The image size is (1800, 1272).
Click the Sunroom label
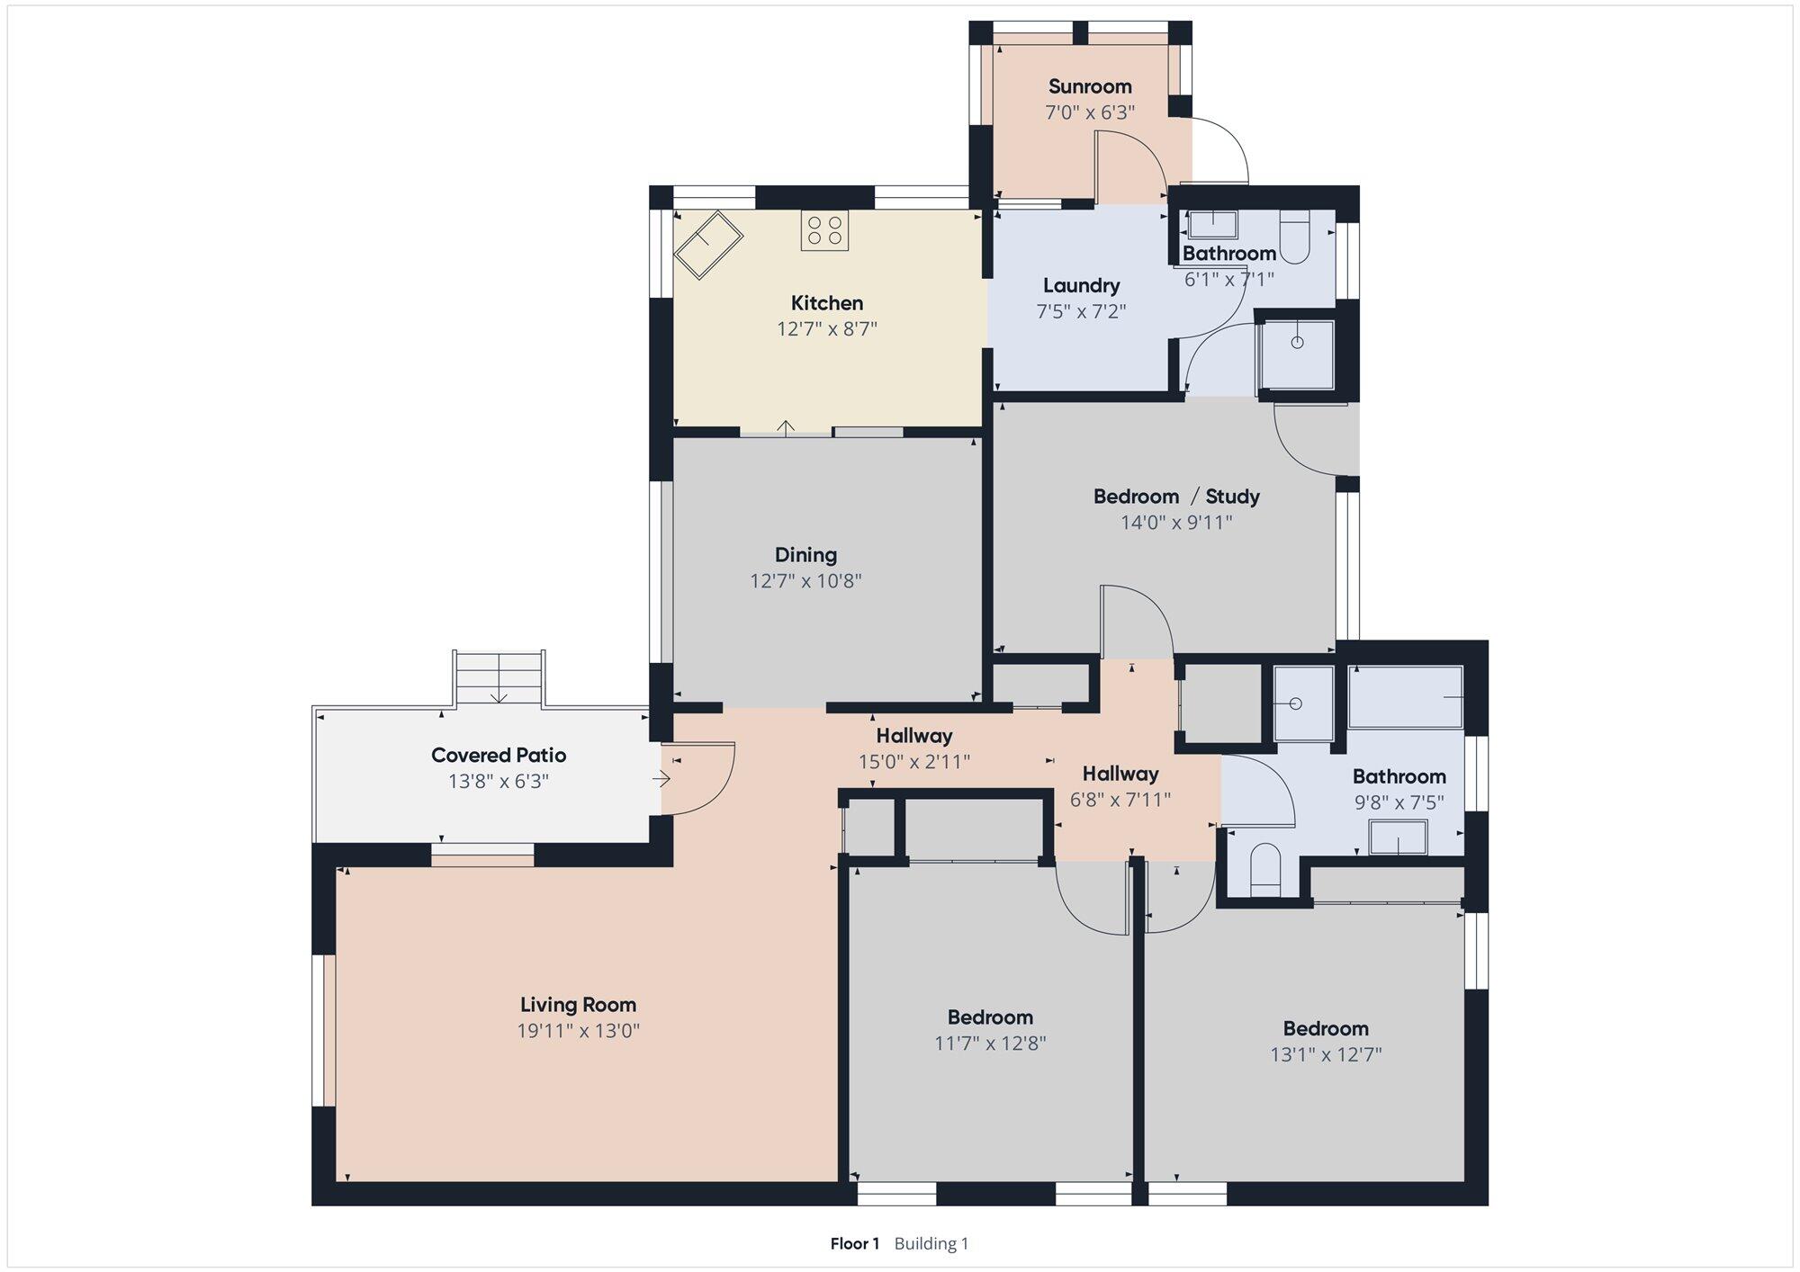(1090, 86)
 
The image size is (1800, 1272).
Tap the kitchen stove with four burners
(824, 230)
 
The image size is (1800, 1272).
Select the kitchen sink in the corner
(708, 245)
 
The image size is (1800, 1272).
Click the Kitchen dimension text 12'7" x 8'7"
(827, 328)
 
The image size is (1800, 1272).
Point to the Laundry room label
(1082, 286)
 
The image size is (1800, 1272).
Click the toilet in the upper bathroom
(1294, 237)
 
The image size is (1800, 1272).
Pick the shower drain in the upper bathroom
(1297, 343)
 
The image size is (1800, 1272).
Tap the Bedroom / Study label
(1176, 496)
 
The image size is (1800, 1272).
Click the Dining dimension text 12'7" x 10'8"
(806, 580)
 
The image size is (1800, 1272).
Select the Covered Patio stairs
(499, 677)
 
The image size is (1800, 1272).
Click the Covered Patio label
(499, 755)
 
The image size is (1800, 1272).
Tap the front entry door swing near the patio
(698, 778)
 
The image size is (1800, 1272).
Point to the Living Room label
(578, 1005)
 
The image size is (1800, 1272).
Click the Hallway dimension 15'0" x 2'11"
(914, 762)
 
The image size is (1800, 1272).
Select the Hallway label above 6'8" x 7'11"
(1120, 774)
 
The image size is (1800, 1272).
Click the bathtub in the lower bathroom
(1406, 697)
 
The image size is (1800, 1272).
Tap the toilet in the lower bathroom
(1265, 869)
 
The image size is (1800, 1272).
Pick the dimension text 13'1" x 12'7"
(1326, 1054)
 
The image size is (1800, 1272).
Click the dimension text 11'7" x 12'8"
(990, 1044)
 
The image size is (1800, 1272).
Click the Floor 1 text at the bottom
(854, 1243)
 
